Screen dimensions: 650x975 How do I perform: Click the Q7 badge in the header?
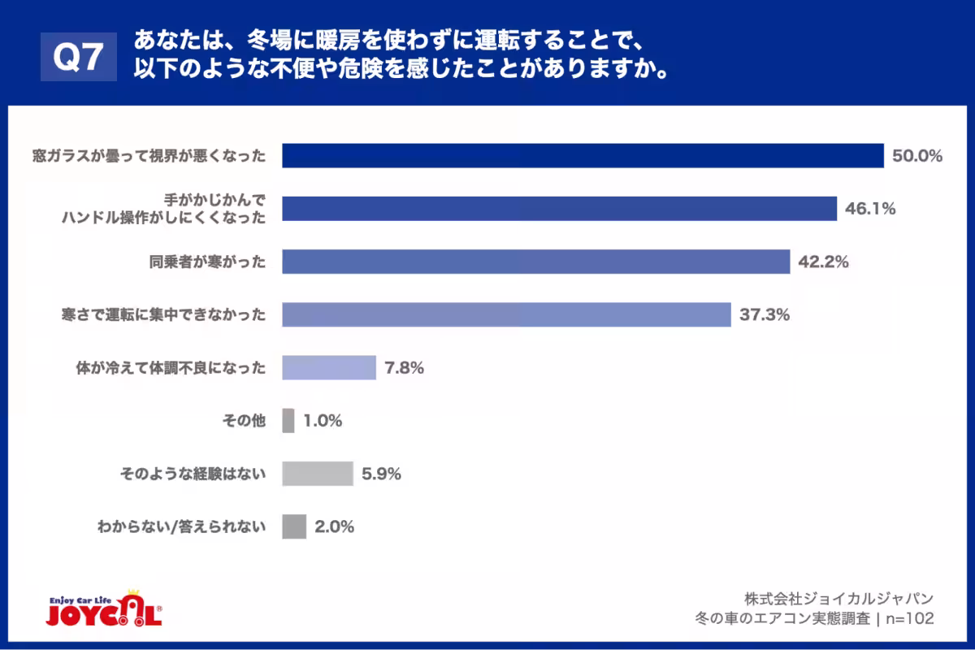coord(79,57)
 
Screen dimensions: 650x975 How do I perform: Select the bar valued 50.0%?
coord(583,155)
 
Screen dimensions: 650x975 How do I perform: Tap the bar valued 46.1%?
coord(559,209)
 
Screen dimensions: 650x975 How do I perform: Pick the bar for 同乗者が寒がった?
coord(536,262)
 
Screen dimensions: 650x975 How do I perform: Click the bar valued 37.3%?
coord(506,314)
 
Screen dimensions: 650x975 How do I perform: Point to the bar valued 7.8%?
coord(329,367)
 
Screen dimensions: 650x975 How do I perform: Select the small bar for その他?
coord(288,421)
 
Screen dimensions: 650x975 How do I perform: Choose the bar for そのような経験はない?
coord(318,474)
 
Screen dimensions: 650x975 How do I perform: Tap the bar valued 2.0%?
coord(294,526)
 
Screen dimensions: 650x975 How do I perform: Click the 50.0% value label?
coord(916,156)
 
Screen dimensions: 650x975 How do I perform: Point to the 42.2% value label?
coord(823,262)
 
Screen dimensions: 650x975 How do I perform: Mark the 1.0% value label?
coord(323,421)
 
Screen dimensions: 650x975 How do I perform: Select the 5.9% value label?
coord(381,474)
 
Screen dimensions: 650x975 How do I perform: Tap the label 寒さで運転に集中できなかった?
coord(163,314)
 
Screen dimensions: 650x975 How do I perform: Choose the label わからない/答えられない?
coord(181,526)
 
